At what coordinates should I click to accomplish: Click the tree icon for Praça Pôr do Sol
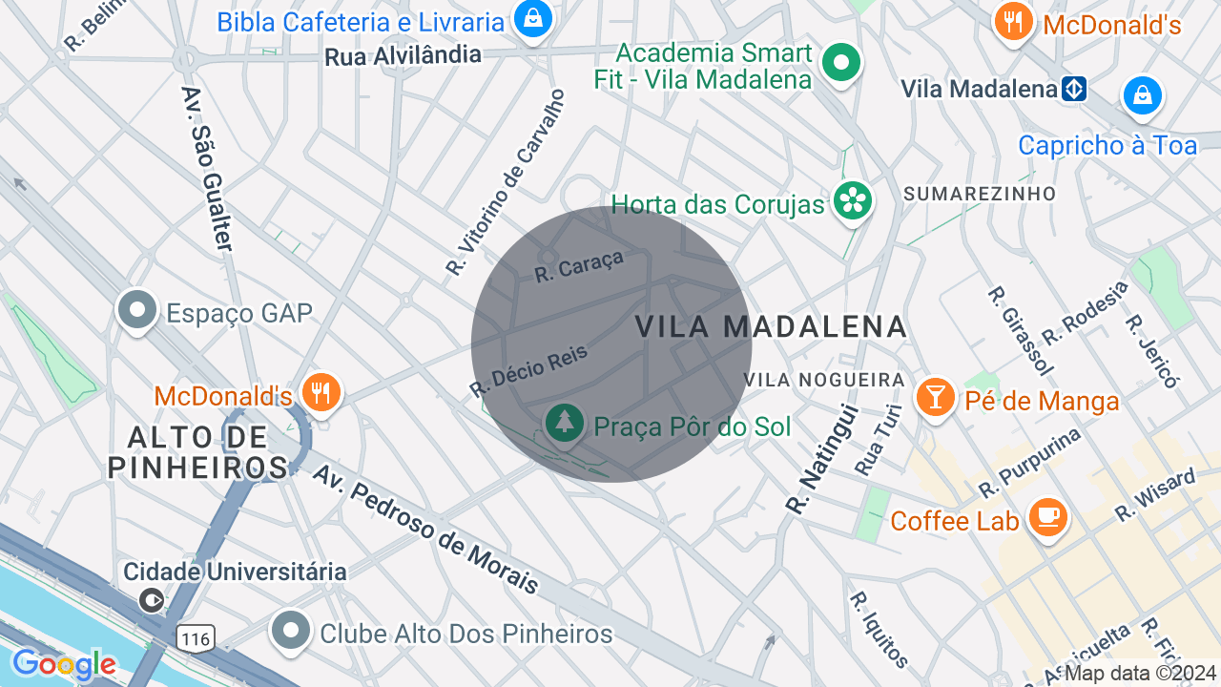(566, 421)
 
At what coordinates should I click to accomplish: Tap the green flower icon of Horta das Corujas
(852, 201)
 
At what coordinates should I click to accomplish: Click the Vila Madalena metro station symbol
(1074, 90)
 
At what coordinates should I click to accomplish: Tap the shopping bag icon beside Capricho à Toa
(1142, 95)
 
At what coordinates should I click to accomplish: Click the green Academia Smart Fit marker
(840, 64)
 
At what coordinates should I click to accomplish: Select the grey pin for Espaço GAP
(138, 310)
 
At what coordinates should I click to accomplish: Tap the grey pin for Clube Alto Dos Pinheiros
(291, 631)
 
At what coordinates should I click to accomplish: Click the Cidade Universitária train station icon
(151, 600)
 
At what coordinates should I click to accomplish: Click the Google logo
(63, 664)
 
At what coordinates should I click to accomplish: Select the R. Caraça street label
(579, 266)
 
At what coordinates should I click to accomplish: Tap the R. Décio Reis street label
(528, 371)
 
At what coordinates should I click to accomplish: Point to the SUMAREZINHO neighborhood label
(980, 194)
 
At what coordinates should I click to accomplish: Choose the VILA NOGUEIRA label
(824, 380)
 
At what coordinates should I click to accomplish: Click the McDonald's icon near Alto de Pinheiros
(321, 392)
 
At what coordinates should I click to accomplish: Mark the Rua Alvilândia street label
(403, 55)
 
